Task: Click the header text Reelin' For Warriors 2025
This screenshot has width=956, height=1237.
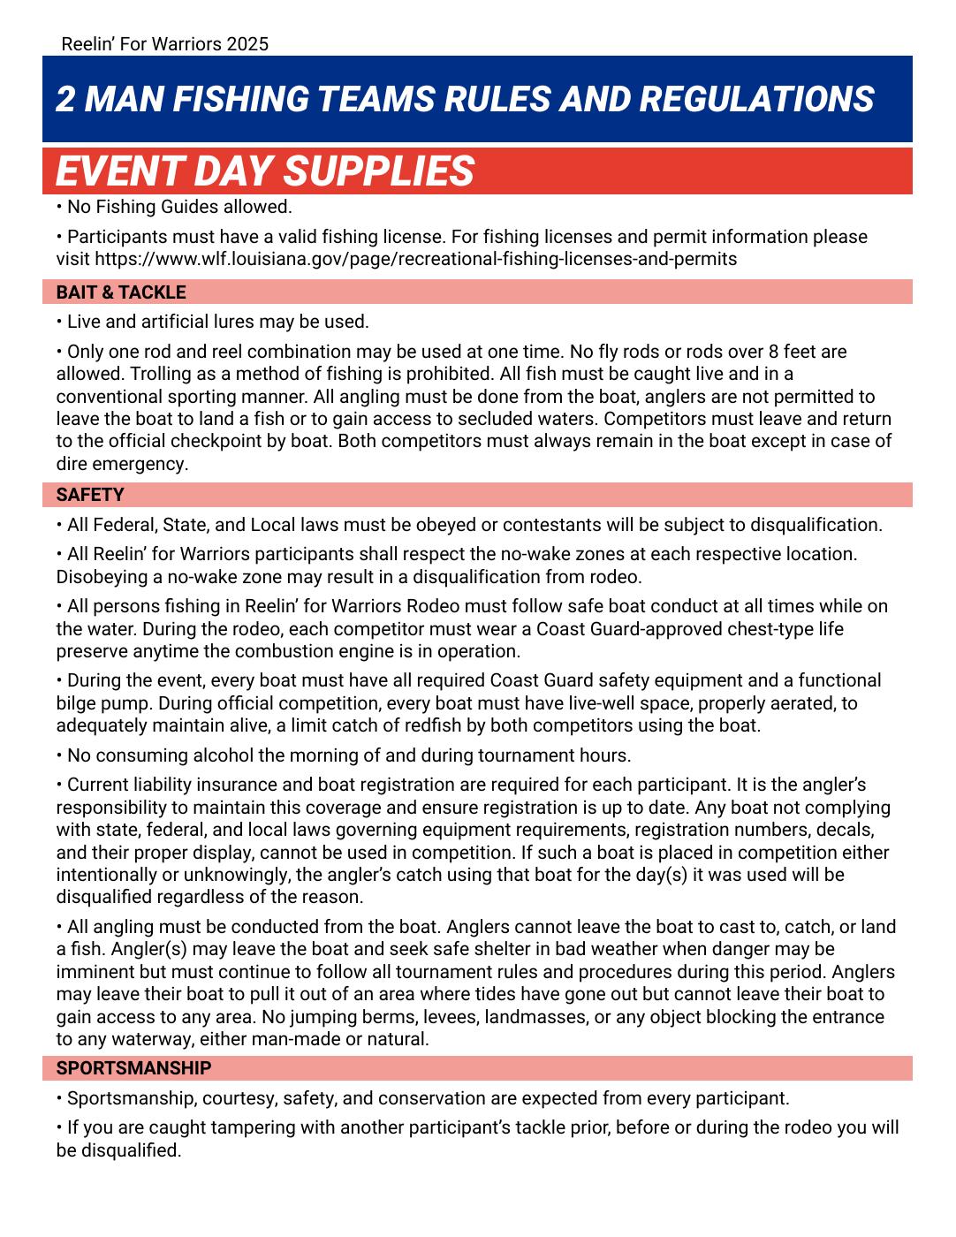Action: point(164,43)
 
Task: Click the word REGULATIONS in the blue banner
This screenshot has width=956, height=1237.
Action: point(755,99)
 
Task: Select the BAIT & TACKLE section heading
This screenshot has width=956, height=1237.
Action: point(121,292)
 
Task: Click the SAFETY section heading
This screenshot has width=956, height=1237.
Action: point(90,495)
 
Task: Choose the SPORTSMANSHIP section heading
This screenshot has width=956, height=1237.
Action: point(133,1068)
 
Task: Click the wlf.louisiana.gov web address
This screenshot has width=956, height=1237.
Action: point(415,259)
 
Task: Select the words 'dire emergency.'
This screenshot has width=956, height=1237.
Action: point(122,464)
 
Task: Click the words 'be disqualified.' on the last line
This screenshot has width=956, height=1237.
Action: point(118,1150)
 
